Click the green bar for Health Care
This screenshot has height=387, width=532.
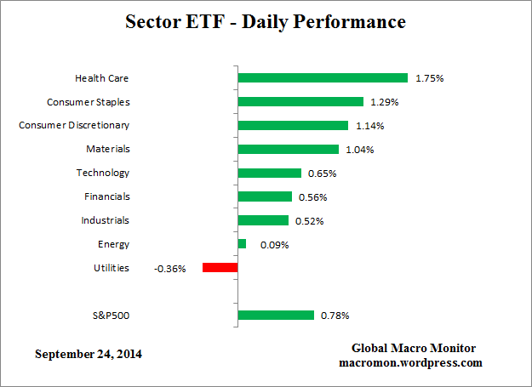tap(323, 77)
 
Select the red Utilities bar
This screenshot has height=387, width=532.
tap(220, 268)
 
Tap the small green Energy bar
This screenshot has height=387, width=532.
tap(242, 244)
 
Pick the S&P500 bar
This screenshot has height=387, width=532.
tap(276, 316)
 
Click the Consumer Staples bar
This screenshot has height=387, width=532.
tap(300, 101)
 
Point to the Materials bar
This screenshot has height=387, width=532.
tap(289, 149)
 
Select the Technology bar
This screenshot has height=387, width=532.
tap(270, 173)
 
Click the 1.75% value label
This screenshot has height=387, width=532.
tap(430, 78)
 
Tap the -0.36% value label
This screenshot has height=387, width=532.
tap(171, 269)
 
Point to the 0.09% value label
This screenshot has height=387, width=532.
tap(275, 245)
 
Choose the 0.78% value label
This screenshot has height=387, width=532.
tap(335, 316)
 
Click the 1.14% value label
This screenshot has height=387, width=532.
tap(370, 126)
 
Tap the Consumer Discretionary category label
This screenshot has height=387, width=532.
tap(74, 125)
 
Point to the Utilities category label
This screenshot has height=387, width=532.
tap(111, 268)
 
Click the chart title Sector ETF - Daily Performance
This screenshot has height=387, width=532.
tap(266, 21)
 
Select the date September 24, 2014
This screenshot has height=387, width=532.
tap(89, 353)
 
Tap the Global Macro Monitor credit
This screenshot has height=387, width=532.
tap(414, 348)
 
